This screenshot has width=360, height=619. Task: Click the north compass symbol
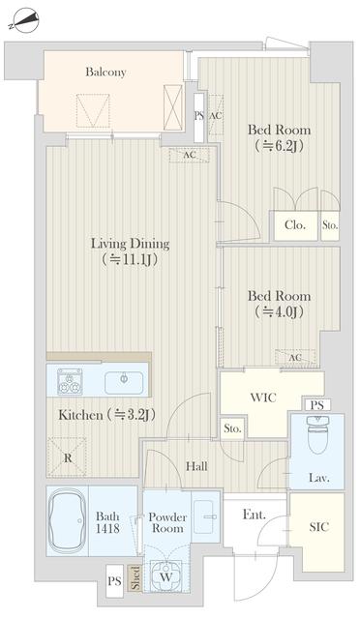tap(25, 21)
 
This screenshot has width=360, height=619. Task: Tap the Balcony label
tap(105, 72)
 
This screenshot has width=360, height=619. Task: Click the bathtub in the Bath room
tap(67, 520)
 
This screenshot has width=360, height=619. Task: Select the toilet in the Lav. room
tap(317, 434)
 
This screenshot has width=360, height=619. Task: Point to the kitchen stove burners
tap(70, 382)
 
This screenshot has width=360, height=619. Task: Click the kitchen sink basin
tap(124, 383)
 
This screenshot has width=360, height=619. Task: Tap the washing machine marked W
tap(166, 576)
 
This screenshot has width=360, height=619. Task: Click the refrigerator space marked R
tap(68, 457)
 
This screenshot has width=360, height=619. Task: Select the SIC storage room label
tap(318, 526)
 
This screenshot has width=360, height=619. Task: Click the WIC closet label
tap(263, 398)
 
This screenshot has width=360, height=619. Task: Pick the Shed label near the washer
tap(135, 578)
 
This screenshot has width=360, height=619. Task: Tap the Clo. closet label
tap(295, 225)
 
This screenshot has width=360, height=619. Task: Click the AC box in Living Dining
tap(190, 155)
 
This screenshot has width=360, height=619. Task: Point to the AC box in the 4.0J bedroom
tap(295, 358)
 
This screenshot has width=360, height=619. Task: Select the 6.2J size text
tap(279, 146)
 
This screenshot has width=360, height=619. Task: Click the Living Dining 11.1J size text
tap(130, 259)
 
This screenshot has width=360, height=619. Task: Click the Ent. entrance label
tap(255, 515)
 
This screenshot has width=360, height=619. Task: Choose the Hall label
tap(196, 466)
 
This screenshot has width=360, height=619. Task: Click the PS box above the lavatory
tap(317, 405)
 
